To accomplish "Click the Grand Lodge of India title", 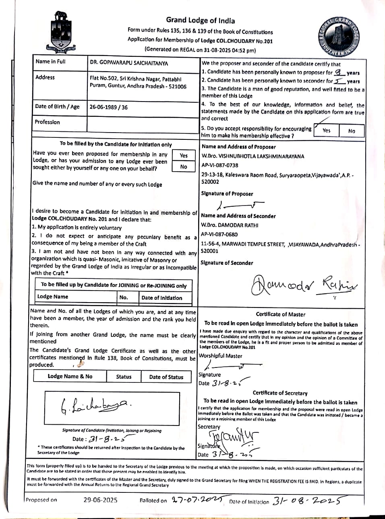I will point(200,21).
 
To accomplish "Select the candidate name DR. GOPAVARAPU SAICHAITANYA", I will point(129,63).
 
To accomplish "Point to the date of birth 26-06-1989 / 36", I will point(108,107).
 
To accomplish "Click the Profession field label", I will point(47,122).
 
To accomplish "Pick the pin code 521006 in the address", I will point(177,86).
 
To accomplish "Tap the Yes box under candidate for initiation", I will point(184,156).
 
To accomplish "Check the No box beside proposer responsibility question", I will point(352,131).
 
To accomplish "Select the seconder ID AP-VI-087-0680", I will point(219,234).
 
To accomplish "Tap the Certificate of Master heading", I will point(280,314).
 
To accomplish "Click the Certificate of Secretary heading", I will point(280,393).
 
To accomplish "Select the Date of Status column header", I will point(166,377).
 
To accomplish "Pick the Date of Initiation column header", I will point(162,298).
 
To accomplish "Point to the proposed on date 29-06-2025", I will point(100,500).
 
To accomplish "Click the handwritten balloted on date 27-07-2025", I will point(196,500).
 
